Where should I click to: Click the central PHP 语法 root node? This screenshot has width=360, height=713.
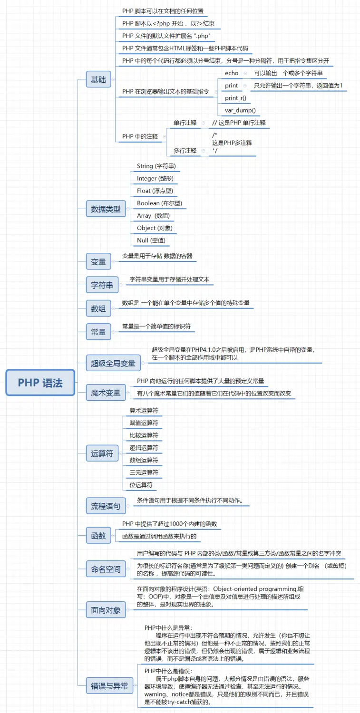[x=40, y=383]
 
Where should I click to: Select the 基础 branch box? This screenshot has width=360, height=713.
[x=98, y=79]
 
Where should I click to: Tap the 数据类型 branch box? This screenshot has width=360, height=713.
[x=106, y=209]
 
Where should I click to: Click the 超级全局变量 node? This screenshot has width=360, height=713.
[x=113, y=364]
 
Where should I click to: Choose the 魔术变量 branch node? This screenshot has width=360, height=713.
[x=106, y=393]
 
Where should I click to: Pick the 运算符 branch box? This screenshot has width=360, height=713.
[x=102, y=453]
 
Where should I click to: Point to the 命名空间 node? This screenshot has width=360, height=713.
[x=106, y=569]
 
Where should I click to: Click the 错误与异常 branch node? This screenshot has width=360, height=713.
[x=109, y=685]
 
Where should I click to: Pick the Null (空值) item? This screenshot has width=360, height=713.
[x=151, y=240]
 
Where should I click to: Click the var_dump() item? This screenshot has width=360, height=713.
[x=240, y=110]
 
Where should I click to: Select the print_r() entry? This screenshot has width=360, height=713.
[x=236, y=98]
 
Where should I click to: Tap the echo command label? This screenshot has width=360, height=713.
[x=232, y=73]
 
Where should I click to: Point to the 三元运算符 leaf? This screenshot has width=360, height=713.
[x=144, y=472]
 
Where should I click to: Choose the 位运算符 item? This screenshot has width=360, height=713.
[x=141, y=485]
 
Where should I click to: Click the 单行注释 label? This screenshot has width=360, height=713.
[x=185, y=123]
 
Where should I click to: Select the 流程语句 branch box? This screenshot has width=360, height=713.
[x=106, y=506]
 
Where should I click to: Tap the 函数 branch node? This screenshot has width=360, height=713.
[x=98, y=536]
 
